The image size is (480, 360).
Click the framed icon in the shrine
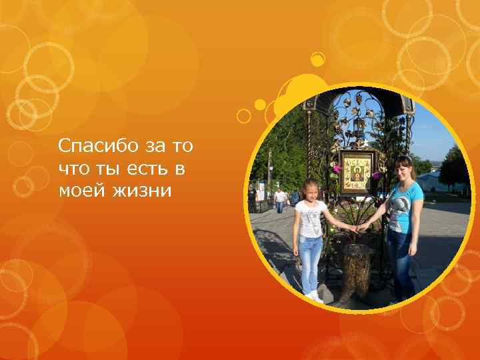(357, 171)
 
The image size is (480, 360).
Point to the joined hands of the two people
(354, 229)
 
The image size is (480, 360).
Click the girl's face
(311, 190)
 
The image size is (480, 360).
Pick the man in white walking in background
(280, 199)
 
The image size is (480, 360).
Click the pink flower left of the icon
(337, 168)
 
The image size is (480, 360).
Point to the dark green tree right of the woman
(453, 167)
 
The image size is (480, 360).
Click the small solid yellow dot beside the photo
(260, 105)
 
